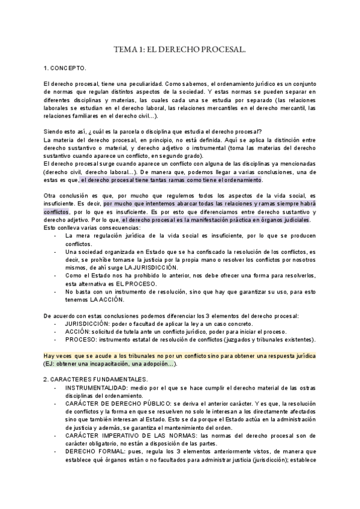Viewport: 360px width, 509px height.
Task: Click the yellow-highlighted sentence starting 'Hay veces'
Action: pos(180,356)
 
